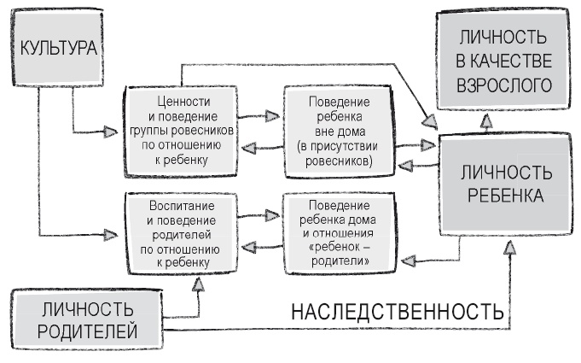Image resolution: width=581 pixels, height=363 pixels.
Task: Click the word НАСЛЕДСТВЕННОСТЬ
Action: (x=398, y=313)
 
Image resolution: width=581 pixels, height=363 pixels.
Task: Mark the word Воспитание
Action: (x=177, y=208)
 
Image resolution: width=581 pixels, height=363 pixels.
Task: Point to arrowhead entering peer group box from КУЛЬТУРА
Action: (x=110, y=132)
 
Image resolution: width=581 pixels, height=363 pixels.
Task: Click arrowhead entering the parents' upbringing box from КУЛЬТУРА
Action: (x=110, y=232)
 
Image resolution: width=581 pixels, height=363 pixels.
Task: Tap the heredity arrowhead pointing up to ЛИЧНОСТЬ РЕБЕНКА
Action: (x=510, y=247)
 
